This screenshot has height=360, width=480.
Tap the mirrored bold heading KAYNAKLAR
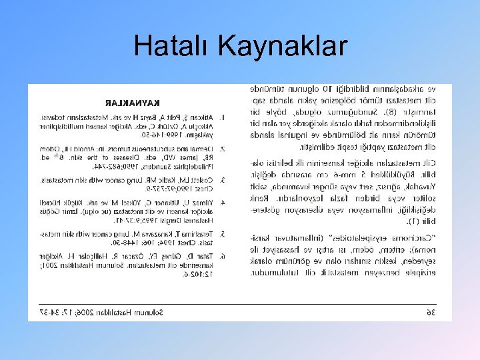tap(135, 103)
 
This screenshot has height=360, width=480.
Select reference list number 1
tap(222, 117)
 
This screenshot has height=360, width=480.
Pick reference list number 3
tap(222, 180)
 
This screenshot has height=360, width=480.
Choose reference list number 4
tap(222, 201)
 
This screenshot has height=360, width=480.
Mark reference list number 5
tap(222, 233)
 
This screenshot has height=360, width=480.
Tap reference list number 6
tap(222, 255)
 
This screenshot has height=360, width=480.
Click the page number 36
tap(430, 312)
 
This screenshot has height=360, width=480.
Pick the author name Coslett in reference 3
tap(201, 180)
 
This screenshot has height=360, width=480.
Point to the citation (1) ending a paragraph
tap(414, 220)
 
